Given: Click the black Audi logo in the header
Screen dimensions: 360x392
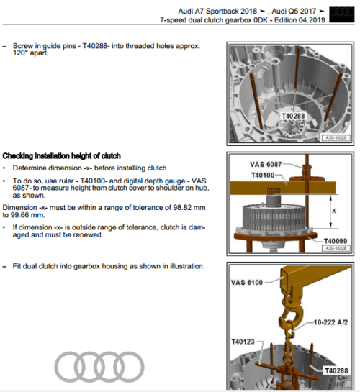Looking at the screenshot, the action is tap(342, 15).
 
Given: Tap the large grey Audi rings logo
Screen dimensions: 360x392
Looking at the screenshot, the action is tap(99, 367).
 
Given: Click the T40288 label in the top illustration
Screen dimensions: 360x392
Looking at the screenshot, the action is tap(293, 117).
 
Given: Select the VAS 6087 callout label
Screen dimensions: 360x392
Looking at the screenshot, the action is tap(266, 164).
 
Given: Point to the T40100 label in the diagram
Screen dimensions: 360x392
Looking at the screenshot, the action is tap(263, 175).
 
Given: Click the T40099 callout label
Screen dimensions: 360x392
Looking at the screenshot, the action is tap(336, 241).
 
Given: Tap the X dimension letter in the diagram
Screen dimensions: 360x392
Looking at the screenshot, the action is tap(334, 211).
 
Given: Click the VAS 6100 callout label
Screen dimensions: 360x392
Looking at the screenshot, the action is tap(247, 283).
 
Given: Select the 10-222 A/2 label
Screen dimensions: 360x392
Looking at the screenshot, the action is tap(330, 322).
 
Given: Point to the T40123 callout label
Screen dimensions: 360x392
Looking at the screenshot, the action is tap(243, 342).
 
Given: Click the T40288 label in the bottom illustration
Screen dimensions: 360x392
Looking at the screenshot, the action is tap(336, 370).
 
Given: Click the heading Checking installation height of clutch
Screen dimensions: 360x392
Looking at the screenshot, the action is tap(61, 156).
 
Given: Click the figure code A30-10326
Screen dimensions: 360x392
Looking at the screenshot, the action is tap(336, 138).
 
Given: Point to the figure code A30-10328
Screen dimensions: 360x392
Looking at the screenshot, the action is tap(336, 248).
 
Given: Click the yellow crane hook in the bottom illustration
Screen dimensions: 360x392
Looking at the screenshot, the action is tap(291, 315).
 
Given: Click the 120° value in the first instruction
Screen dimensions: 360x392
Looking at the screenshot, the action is tap(19, 53).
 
